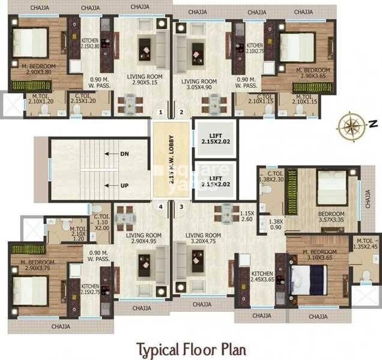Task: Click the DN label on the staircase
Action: [124, 154]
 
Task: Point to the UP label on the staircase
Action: [124, 185]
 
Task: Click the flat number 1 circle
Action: [160, 112]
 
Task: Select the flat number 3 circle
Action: [181, 207]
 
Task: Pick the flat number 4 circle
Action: [160, 207]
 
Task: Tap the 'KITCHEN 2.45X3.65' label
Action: [262, 276]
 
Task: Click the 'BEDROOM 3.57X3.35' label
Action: [331, 217]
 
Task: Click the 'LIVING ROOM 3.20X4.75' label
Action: [202, 239]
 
